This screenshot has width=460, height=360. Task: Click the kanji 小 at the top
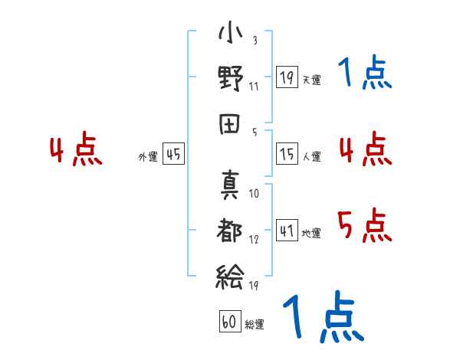click(x=230, y=32)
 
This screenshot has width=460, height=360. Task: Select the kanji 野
click(x=231, y=78)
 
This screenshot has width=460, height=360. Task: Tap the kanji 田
click(x=230, y=124)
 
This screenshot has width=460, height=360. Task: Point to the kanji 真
click(x=230, y=185)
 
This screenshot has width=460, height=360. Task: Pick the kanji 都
click(x=229, y=230)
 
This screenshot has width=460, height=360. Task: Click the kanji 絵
click(x=230, y=277)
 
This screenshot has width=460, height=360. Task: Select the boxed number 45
click(x=174, y=154)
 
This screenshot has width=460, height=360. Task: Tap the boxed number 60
click(x=230, y=321)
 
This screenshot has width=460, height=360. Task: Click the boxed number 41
click(x=287, y=230)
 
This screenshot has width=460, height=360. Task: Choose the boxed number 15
click(x=287, y=154)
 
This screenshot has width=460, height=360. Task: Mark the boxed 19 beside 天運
click(x=287, y=77)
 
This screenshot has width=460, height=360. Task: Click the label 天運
click(x=312, y=80)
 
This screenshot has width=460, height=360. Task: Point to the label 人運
click(x=312, y=156)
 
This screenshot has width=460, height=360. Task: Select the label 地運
click(x=311, y=233)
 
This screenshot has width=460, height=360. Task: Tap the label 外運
click(x=148, y=156)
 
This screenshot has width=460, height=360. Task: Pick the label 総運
click(x=255, y=324)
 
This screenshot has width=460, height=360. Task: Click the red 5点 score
click(x=365, y=225)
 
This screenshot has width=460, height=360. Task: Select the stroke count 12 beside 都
click(x=254, y=240)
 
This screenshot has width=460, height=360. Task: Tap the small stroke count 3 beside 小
click(x=255, y=40)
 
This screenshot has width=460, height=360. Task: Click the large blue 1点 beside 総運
click(x=324, y=316)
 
